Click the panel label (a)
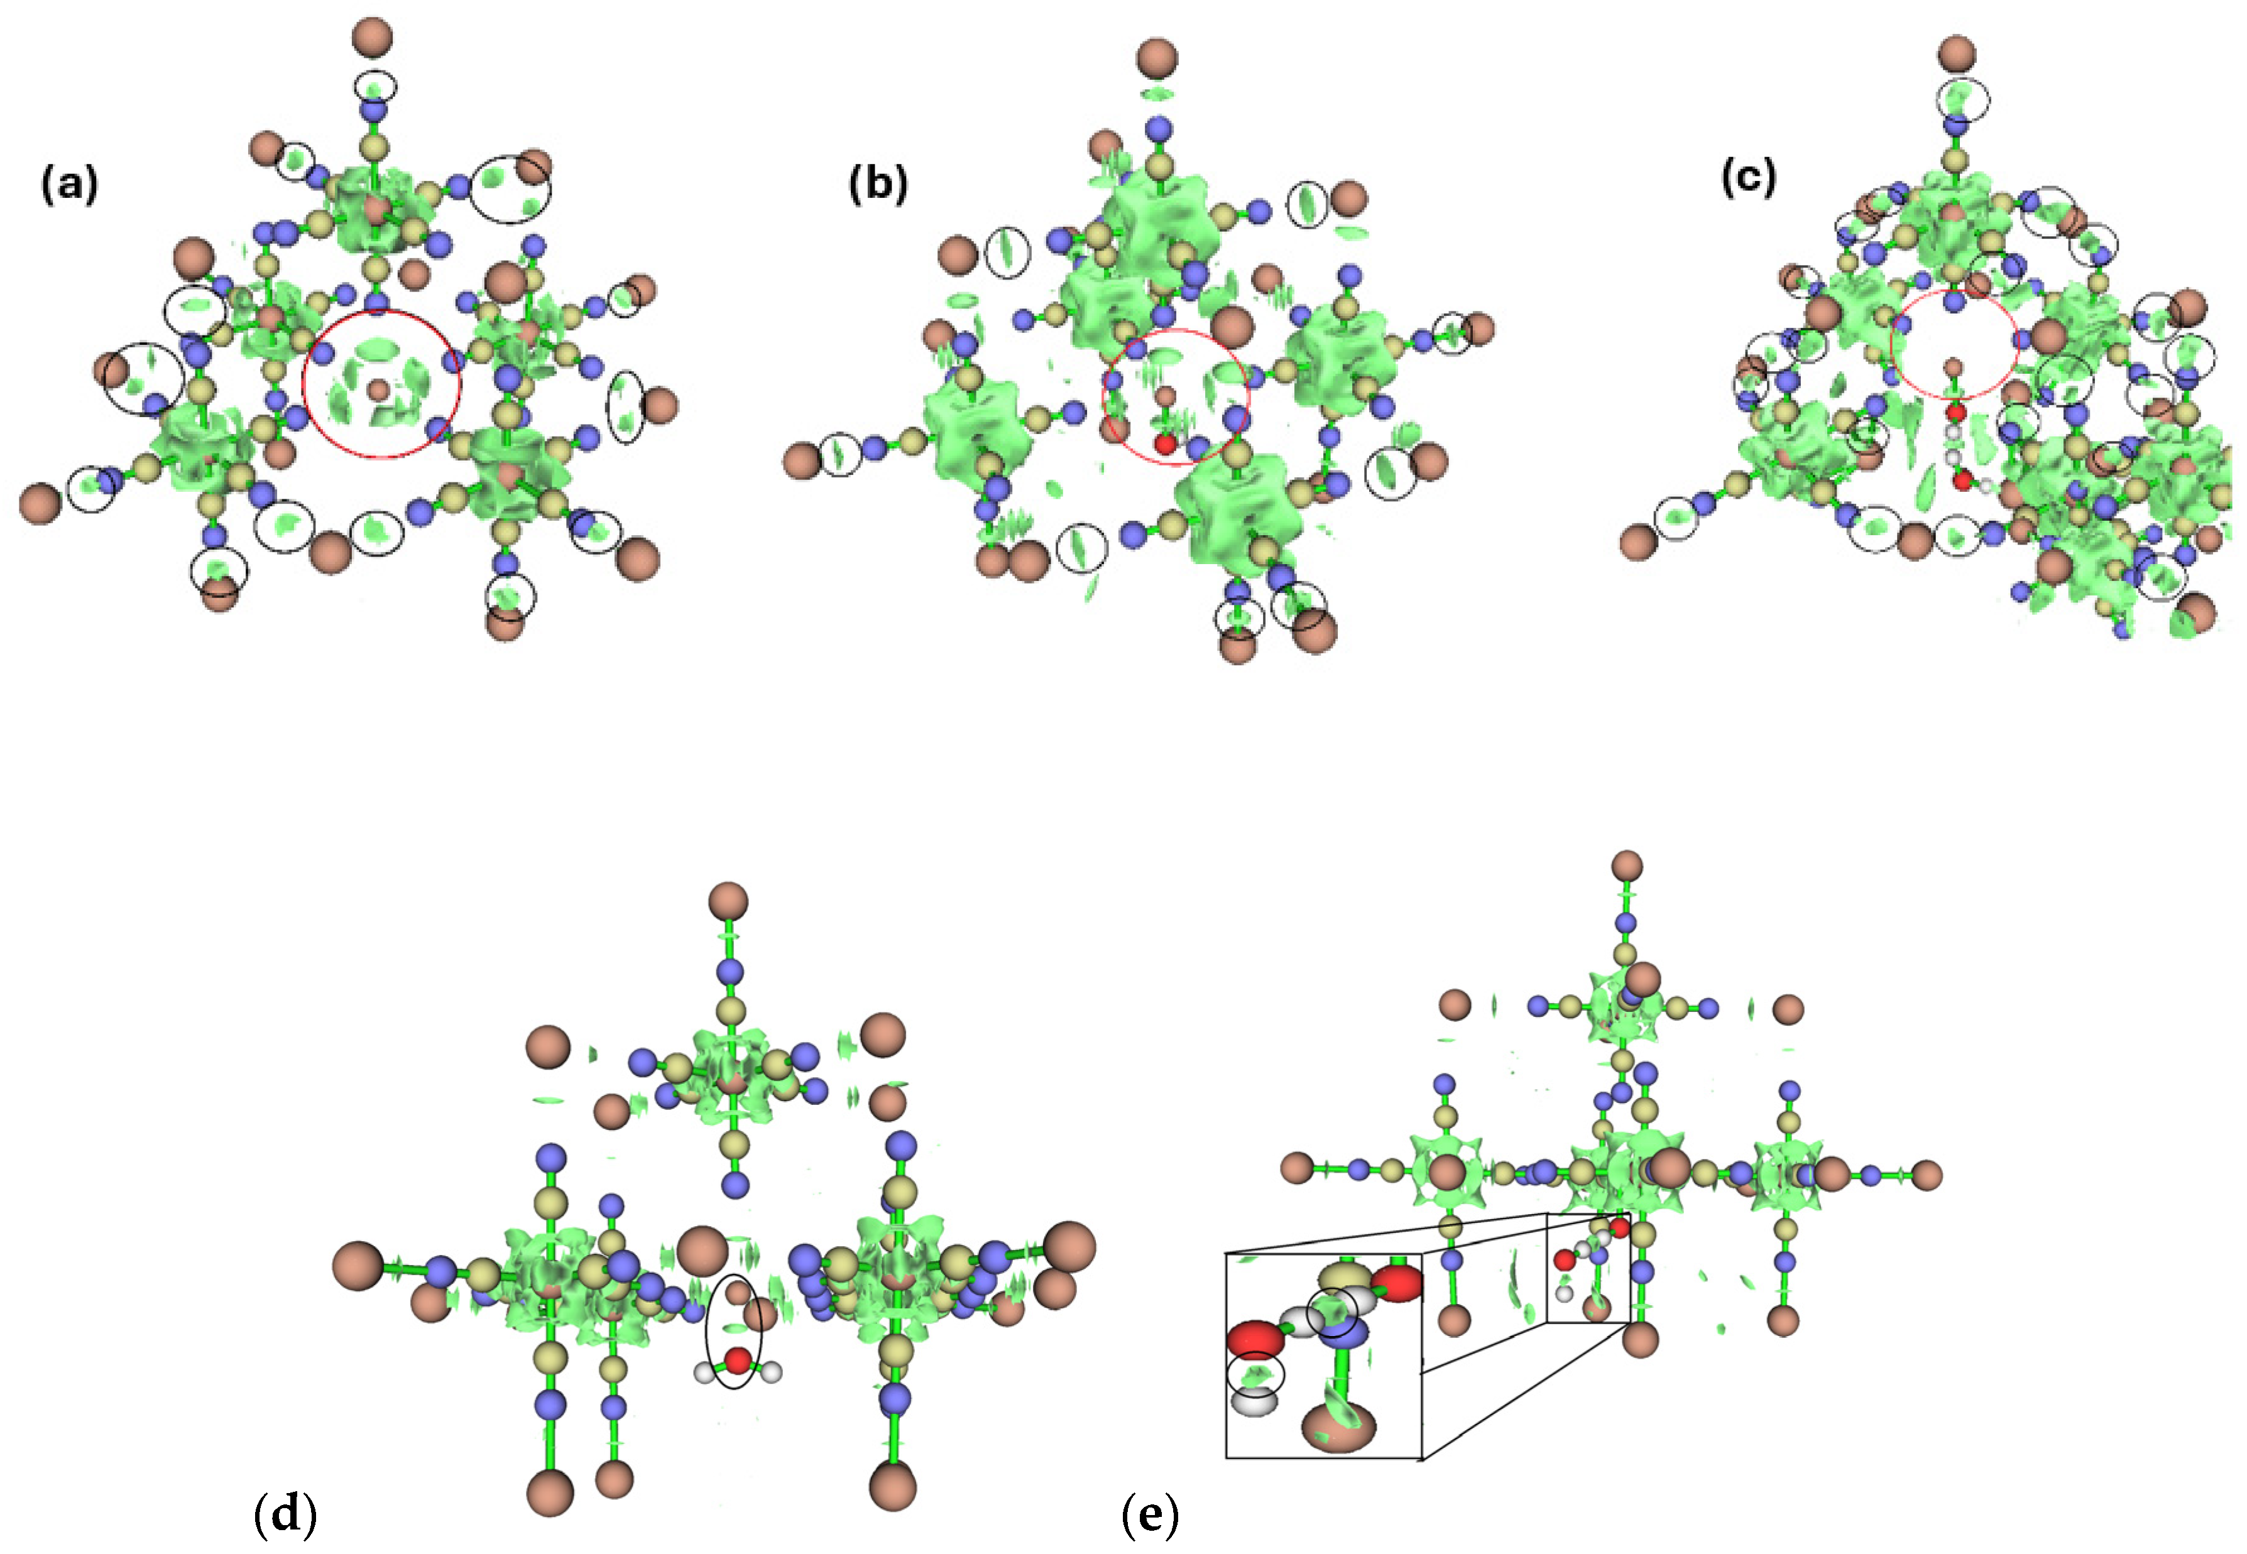69,183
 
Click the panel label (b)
878,183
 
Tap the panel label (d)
285,1515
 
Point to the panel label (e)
1151,1515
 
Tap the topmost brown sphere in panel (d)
728,901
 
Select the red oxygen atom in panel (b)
1165,445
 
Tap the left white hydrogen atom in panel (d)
705,1373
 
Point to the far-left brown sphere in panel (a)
41,503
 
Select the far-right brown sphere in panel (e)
1925,1175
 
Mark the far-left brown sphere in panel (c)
1639,542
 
